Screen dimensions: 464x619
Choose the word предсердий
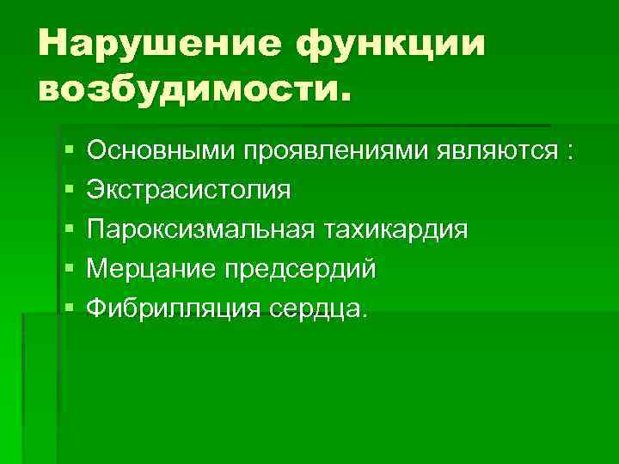pyautogui.click(x=299, y=269)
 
